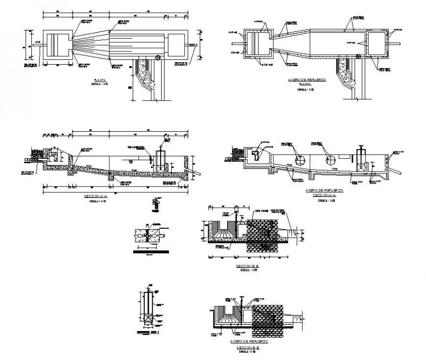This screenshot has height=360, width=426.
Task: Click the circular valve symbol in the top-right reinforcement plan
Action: coord(358,57)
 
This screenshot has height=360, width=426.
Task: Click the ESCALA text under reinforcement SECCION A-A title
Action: coord(324,200)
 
